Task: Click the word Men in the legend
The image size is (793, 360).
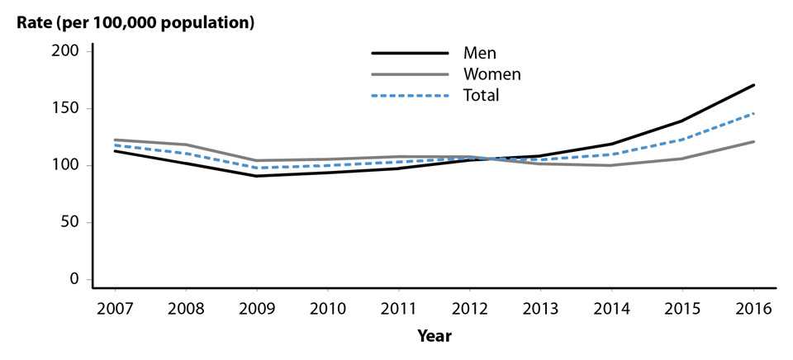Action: pyautogui.click(x=480, y=54)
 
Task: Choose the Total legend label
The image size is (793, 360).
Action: pyautogui.click(x=482, y=96)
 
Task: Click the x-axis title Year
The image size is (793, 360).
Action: pyautogui.click(x=434, y=336)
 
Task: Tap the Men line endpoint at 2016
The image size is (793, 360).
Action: pyautogui.click(x=754, y=85)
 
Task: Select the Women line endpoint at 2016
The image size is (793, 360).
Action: pyautogui.click(x=754, y=141)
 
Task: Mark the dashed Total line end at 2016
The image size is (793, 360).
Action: pyautogui.click(x=754, y=113)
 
